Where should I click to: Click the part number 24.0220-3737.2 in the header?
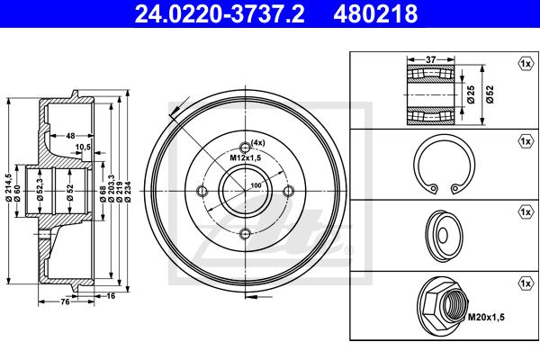[x=220, y=13]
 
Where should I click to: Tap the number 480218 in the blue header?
[x=375, y=13]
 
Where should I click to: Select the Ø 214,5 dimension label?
[x=9, y=187]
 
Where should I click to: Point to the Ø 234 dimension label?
[x=128, y=192]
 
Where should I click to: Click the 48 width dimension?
[x=70, y=136]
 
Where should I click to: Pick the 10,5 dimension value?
[x=83, y=147]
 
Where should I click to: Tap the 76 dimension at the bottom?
[x=65, y=301]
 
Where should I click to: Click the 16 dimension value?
[x=111, y=295]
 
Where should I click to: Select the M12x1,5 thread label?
[x=246, y=157]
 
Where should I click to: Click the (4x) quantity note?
[x=258, y=142]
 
